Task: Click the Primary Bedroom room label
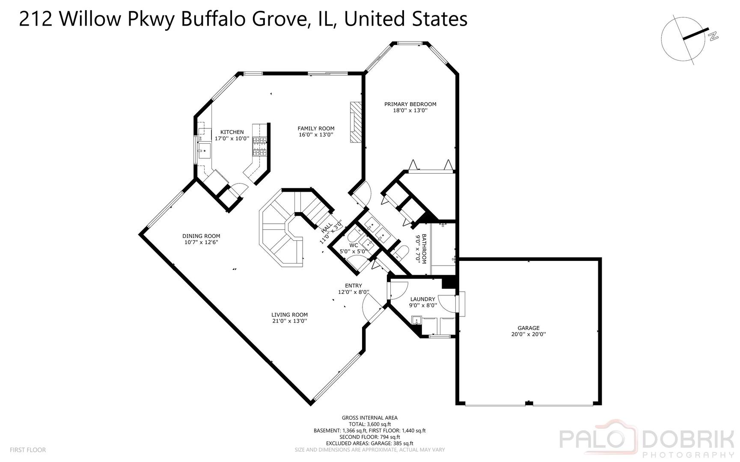(410, 104)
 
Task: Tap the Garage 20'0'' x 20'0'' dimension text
(529, 335)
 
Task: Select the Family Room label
(316, 128)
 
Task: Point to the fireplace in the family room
(356, 122)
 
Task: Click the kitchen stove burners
(259, 145)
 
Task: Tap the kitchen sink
(204, 151)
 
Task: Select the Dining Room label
(201, 236)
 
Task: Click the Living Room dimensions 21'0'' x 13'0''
(290, 321)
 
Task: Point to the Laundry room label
(422, 299)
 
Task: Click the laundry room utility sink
(416, 320)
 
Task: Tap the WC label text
(354, 245)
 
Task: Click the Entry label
(354, 286)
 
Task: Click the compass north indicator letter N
(713, 36)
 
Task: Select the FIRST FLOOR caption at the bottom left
(27, 450)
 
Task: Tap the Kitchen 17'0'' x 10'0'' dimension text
(232, 139)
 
